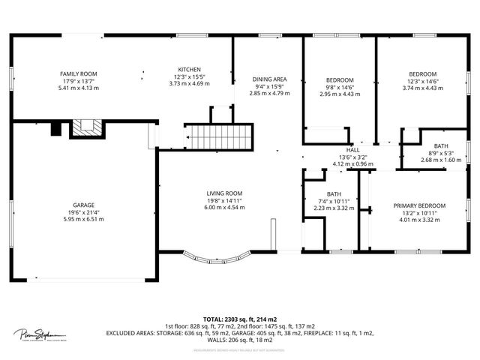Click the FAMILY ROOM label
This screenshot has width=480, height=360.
[x=79, y=74]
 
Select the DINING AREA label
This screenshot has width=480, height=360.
[x=268, y=79]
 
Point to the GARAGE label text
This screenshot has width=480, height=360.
[x=83, y=205]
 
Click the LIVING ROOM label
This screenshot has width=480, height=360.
[x=224, y=193]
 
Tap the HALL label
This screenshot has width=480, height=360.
[x=352, y=150]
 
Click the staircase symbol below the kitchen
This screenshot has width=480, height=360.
[x=220, y=138]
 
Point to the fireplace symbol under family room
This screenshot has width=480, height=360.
[x=84, y=128]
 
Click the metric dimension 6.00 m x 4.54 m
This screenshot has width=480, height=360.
[x=224, y=207]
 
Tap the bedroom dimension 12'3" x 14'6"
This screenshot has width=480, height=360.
[x=422, y=81]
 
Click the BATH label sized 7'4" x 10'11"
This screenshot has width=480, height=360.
[x=334, y=194]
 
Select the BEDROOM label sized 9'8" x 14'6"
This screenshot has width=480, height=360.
[x=340, y=80]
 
